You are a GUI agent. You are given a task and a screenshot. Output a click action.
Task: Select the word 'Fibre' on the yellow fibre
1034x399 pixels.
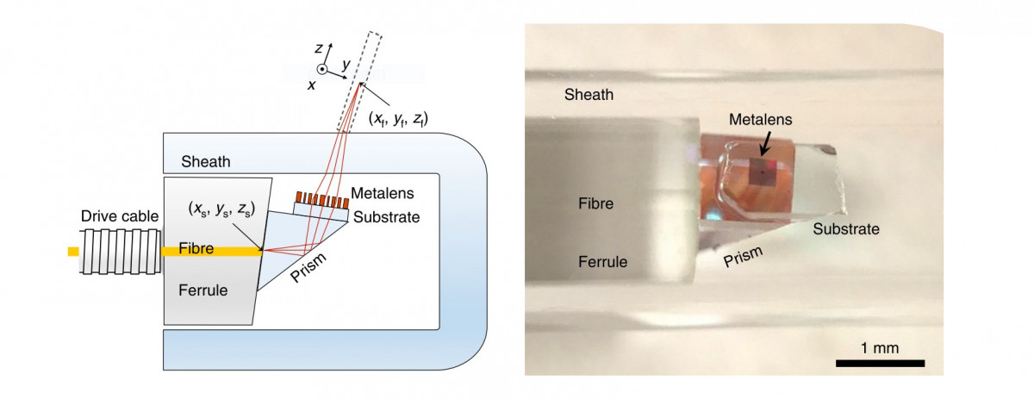click(x=196, y=249)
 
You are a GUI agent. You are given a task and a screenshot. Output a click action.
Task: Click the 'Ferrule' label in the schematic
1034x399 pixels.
click(x=202, y=290)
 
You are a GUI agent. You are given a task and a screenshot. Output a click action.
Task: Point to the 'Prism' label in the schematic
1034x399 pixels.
click(x=308, y=268)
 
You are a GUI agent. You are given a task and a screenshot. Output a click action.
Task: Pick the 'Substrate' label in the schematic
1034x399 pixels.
click(x=386, y=216)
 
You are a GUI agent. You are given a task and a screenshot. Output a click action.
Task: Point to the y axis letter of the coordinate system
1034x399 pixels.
click(x=344, y=63)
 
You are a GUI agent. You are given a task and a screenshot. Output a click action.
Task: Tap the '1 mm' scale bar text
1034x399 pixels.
click(x=879, y=348)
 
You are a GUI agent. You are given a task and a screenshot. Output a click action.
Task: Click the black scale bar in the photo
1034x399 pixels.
click(x=880, y=364)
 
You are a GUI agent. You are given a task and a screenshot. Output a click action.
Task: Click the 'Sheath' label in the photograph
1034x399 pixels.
click(x=589, y=94)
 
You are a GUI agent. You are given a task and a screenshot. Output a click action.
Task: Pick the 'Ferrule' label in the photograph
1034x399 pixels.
click(x=602, y=261)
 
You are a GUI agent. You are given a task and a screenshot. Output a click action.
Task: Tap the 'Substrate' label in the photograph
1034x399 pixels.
click(x=844, y=229)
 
